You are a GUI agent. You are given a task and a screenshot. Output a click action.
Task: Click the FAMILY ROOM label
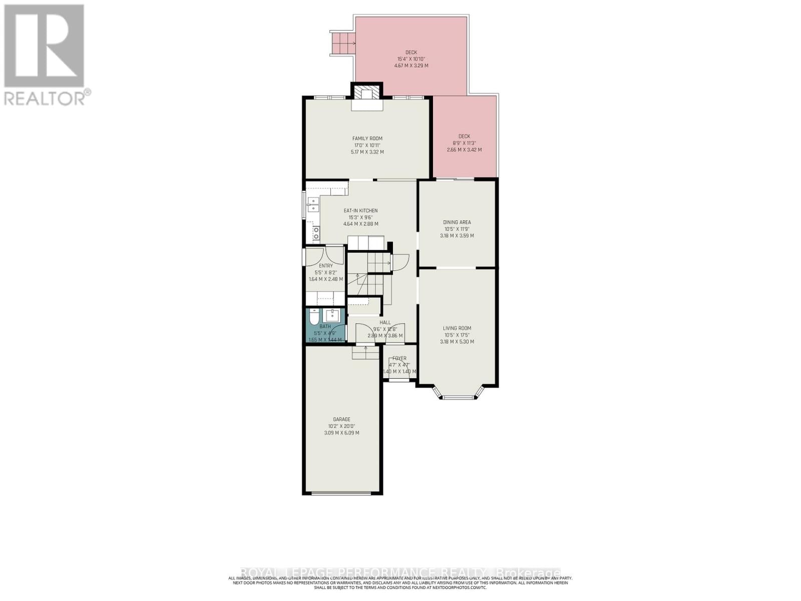pos(367,139)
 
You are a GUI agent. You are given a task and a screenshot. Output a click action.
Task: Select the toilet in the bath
pos(313,319)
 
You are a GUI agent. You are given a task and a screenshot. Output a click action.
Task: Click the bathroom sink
pos(332,316)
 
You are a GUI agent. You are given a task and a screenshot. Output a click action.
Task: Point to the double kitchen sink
pos(313,205)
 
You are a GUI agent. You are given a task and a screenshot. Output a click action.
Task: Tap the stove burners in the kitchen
pos(316,233)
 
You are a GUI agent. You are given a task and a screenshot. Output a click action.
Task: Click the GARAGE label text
pos(341,419)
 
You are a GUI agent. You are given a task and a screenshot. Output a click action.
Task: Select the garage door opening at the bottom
pos(341,493)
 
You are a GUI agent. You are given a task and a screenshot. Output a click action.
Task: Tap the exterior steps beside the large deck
pos(342,44)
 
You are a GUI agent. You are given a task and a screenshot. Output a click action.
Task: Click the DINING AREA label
pos(457,222)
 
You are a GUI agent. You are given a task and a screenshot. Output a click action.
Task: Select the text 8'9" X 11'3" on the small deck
pos(464,143)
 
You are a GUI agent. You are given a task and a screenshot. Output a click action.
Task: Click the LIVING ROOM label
pos(457,329)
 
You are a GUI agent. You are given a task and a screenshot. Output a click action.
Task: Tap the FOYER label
pos(399,358)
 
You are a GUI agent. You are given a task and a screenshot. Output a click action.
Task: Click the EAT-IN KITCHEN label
pos(360,211)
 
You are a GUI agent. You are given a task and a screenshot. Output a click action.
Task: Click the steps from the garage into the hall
pos(365,353)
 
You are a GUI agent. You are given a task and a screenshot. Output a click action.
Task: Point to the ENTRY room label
pos(325,266)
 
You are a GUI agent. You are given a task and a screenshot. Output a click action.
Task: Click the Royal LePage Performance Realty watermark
pos(400,572)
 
